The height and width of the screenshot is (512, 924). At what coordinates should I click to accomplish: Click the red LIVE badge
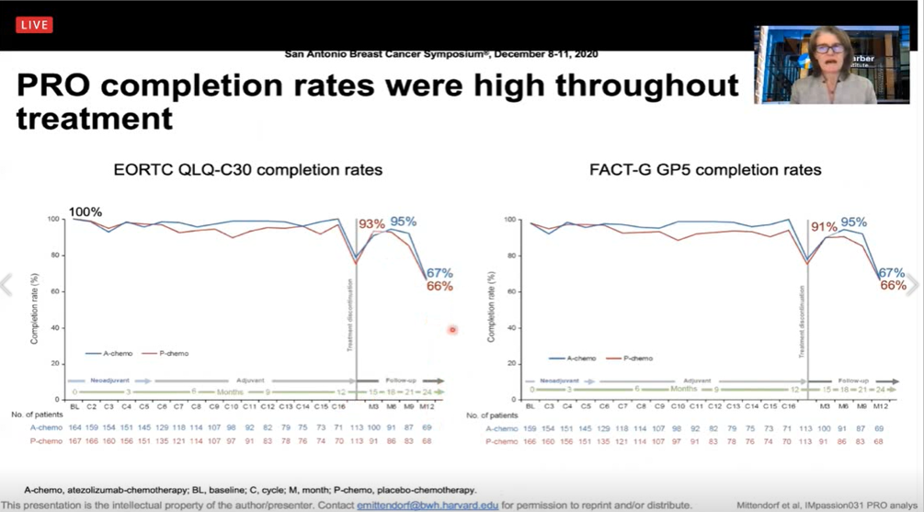click(34, 25)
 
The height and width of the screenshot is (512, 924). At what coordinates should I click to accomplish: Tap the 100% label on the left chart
click(85, 212)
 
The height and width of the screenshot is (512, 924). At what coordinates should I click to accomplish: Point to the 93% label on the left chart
click(371, 224)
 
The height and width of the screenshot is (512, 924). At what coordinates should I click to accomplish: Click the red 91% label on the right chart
click(823, 227)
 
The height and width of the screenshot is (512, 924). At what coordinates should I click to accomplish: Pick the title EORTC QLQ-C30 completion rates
click(247, 170)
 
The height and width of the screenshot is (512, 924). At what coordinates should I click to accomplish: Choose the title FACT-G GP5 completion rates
click(705, 170)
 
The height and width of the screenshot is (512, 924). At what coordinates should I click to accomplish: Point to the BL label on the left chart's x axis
click(74, 406)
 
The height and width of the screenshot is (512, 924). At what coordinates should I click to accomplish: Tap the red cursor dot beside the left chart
click(452, 330)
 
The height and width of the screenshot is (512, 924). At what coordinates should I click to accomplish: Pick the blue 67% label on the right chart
click(891, 273)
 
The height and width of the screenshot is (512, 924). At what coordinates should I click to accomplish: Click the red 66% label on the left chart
click(439, 286)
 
